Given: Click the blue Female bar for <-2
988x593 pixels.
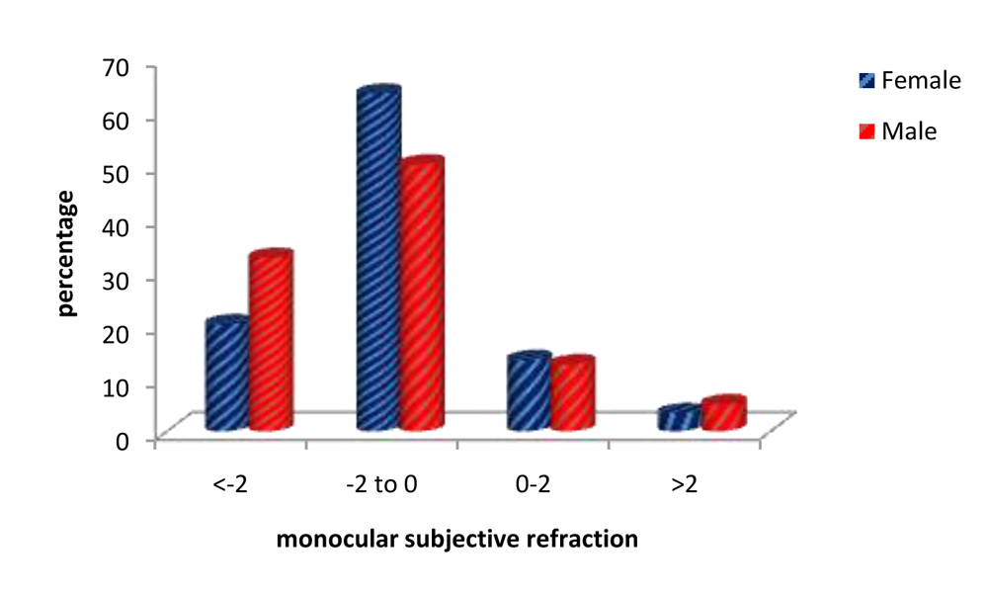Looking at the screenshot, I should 226,376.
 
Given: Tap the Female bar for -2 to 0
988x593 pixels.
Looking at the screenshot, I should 377,261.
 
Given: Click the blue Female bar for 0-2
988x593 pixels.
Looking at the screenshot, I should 529,392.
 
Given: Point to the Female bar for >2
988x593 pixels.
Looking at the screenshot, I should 679,418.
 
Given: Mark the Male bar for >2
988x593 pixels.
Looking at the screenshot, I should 722,414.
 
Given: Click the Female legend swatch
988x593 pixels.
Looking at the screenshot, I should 865,82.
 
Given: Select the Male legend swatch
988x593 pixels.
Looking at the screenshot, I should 865,131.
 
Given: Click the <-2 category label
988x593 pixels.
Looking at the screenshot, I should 228,486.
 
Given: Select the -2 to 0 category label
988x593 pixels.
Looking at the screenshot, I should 380,486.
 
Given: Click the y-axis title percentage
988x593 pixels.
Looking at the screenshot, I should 66,254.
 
